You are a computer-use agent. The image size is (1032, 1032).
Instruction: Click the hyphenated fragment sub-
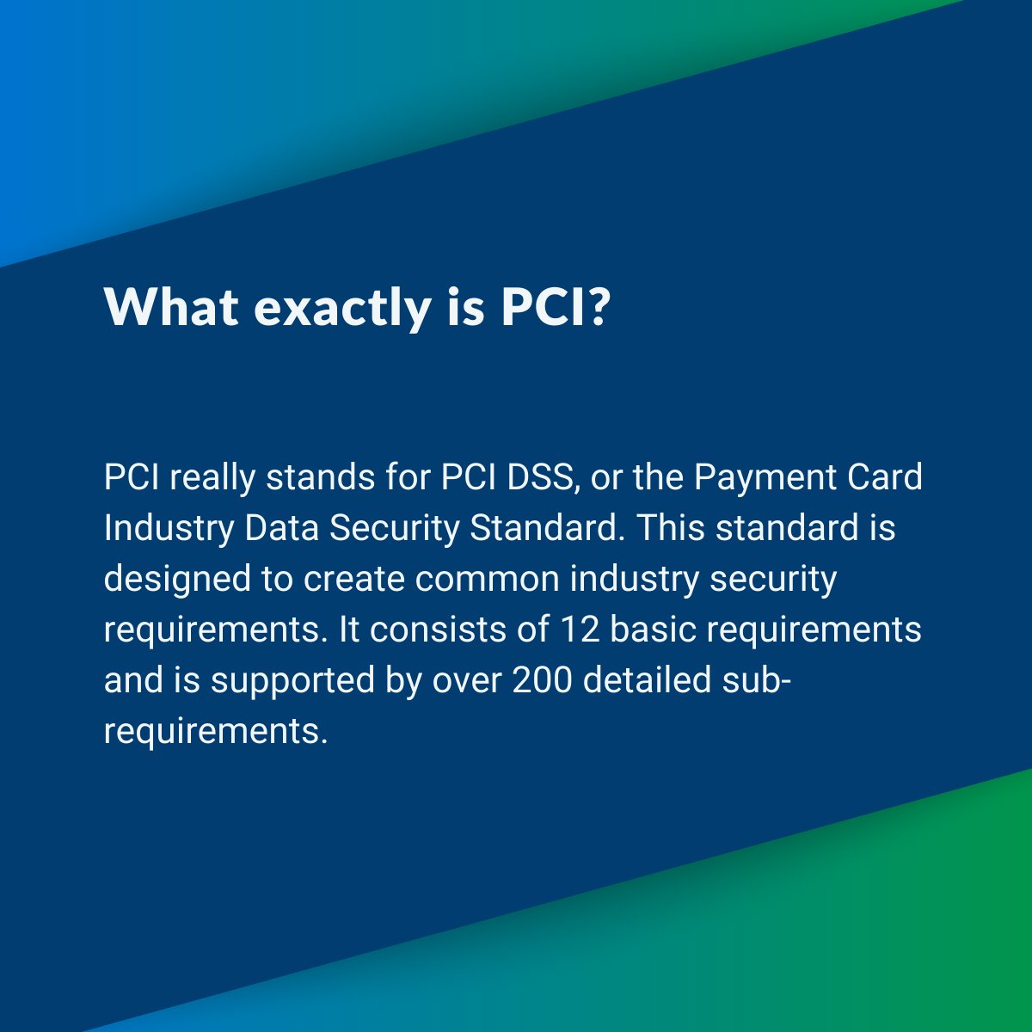(x=756, y=680)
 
